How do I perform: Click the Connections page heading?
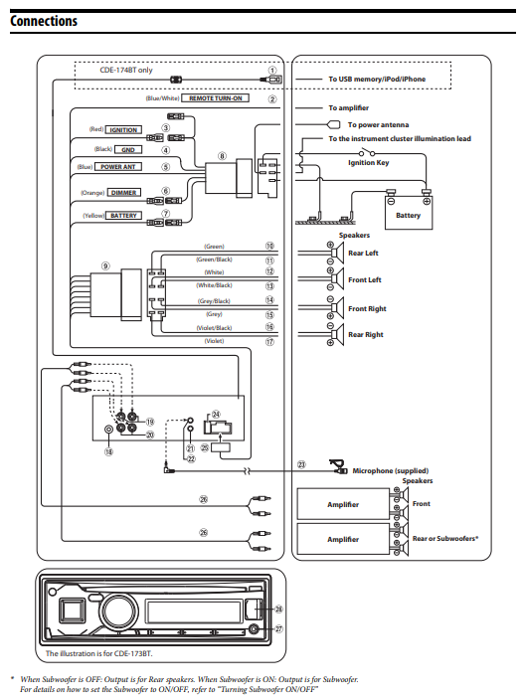(44, 20)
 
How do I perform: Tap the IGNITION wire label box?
(124, 130)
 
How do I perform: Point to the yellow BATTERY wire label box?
(124, 215)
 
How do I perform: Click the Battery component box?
(408, 215)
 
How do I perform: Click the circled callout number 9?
(105, 266)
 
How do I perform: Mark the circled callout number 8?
(223, 156)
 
